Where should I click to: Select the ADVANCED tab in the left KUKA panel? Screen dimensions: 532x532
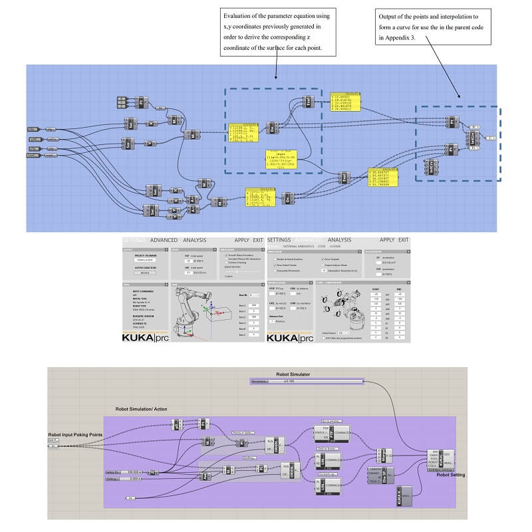tap(168, 240)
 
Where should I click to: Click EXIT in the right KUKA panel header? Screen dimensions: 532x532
tap(404, 240)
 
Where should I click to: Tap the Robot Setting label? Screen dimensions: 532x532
tap(450, 475)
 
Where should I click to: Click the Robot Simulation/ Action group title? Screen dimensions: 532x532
tap(140, 410)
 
